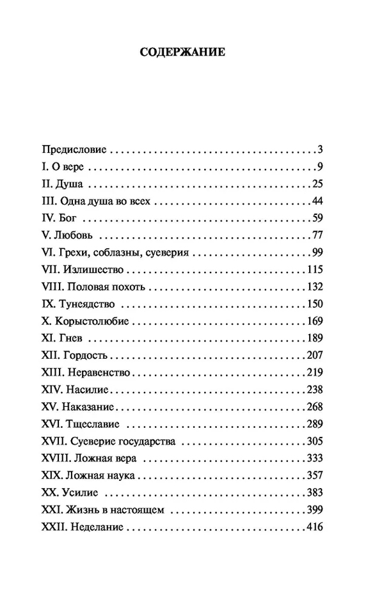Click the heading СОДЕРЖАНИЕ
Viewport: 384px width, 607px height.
182,52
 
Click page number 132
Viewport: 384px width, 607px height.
313,284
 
